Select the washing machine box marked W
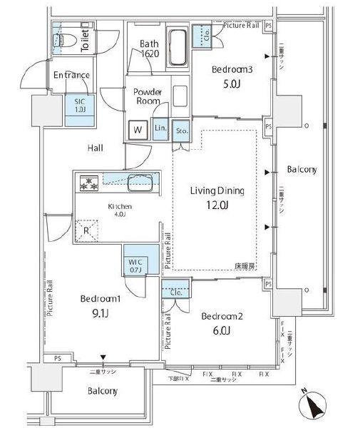tap(135, 130)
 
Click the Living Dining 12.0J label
tap(217, 198)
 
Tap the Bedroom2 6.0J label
tap(220, 322)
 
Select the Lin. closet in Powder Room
tap(160, 129)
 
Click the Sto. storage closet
tap(182, 131)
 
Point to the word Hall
tap(95, 148)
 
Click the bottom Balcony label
tap(103, 391)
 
